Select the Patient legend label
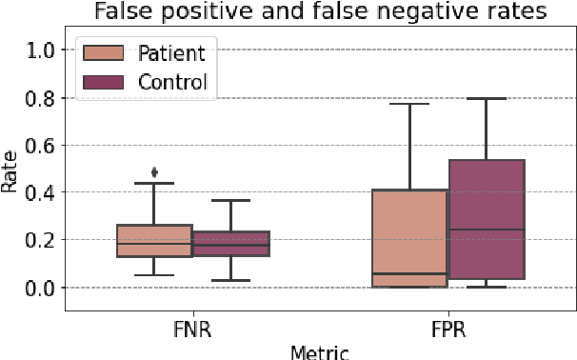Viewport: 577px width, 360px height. pos(172,51)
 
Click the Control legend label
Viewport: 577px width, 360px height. pos(172,83)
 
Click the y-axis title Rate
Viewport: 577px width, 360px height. pos(10,172)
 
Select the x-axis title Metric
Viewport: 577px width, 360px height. pos(320,351)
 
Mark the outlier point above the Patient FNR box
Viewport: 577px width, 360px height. pos(154,172)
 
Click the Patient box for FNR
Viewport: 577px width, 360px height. pos(154,241)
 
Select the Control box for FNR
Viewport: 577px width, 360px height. pos(230,244)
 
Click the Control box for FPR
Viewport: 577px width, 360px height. pos(487,219)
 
